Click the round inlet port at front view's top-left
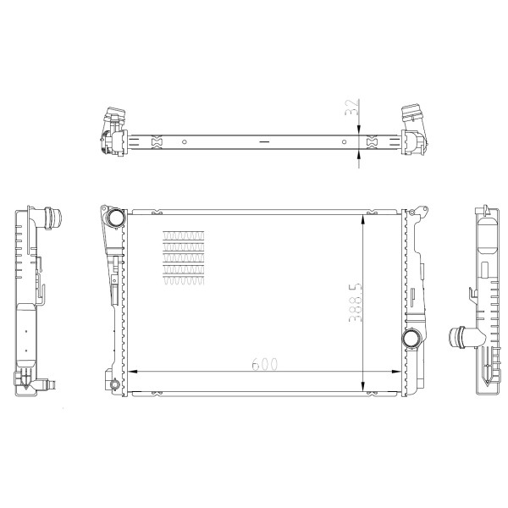pyautogui.click(x=114, y=218)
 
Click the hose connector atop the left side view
pyautogui.click(x=54, y=218)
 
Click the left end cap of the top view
pyautogui.click(x=113, y=131)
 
